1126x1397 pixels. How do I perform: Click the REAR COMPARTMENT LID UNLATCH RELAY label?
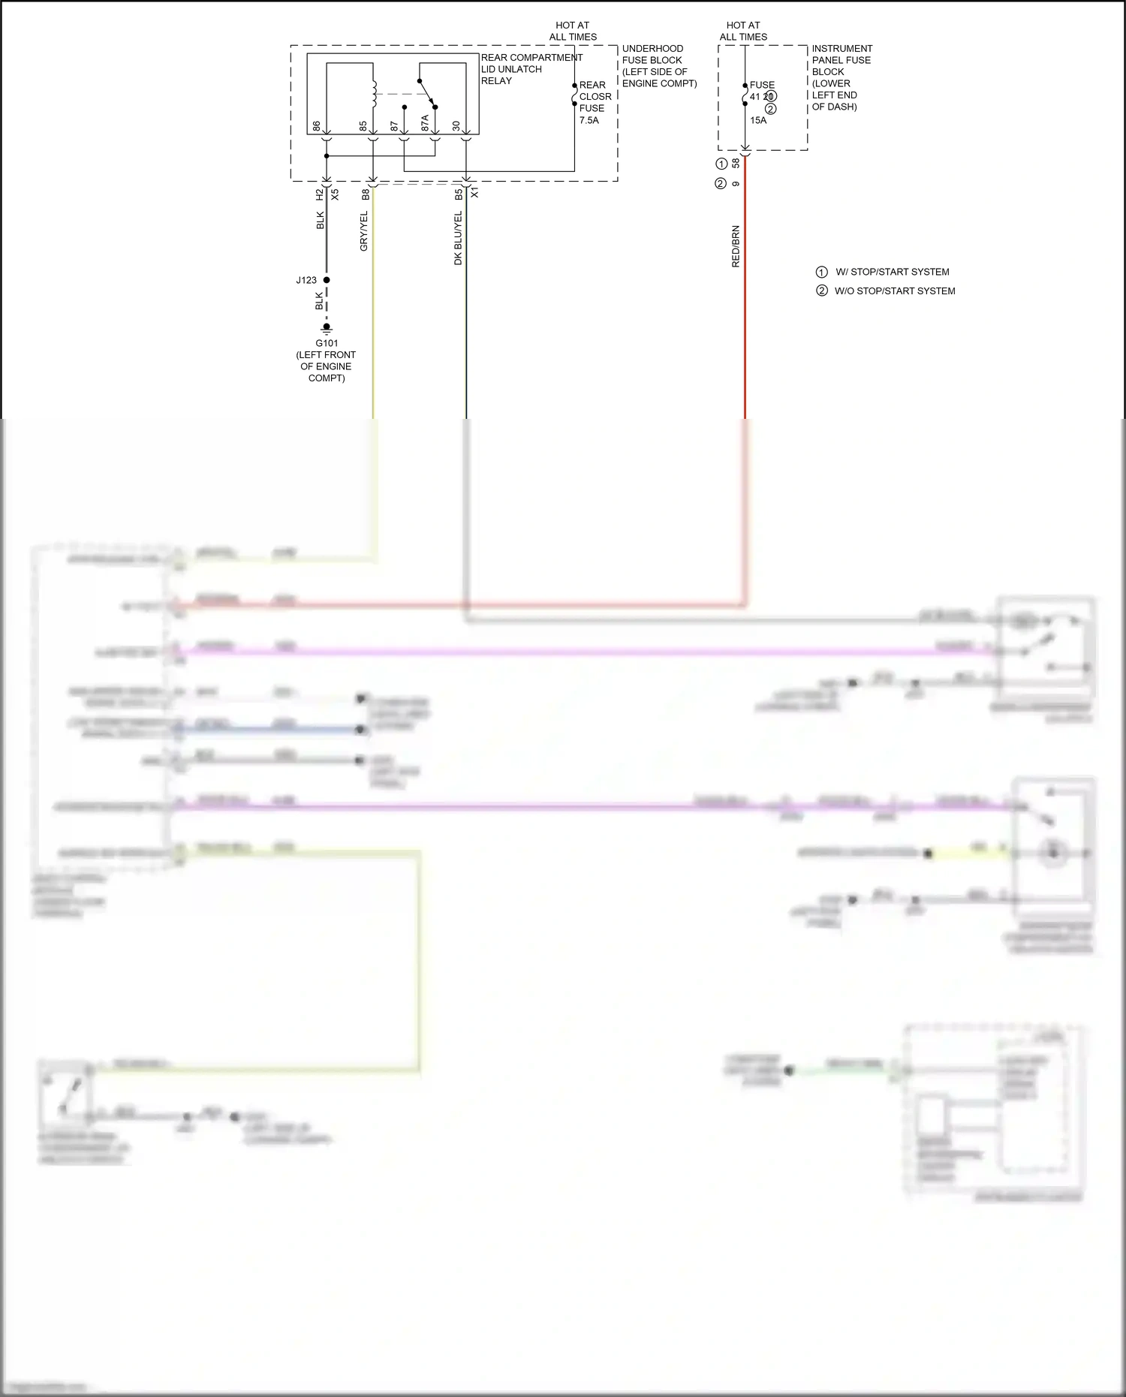pos(531,69)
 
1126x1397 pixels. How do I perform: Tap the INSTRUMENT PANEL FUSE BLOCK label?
pos(841,77)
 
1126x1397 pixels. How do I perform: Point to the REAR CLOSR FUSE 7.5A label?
pos(595,103)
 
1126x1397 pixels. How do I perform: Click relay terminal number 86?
pos(317,126)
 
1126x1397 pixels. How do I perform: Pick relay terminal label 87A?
pos(425,123)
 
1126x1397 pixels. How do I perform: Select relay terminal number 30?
pos(456,126)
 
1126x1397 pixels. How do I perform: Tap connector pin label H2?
pos(320,194)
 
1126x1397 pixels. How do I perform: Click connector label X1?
pos(474,194)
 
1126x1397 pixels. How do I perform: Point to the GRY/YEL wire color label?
pos(364,231)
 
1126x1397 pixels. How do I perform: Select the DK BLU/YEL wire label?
pos(458,238)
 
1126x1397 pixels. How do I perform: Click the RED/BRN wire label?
pos(736,246)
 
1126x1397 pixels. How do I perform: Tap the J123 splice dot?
pos(327,280)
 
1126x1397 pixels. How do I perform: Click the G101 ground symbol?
pos(327,328)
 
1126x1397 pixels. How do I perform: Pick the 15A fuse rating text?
pos(758,120)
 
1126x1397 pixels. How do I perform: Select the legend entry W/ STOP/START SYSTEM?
pos(892,272)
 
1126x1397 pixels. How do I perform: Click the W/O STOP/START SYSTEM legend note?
pos(894,291)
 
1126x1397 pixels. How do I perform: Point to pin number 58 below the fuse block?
pos(736,163)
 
